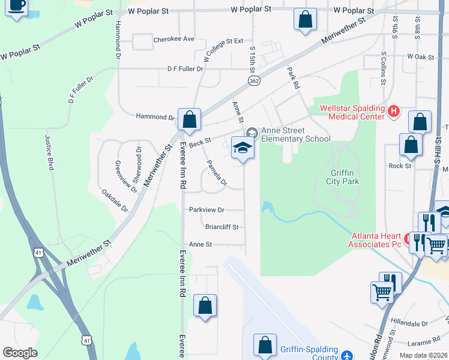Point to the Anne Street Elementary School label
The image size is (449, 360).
coord(295,135)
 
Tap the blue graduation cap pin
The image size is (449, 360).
coord(243,148)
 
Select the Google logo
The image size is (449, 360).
coord(20,352)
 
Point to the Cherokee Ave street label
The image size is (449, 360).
coord(174,39)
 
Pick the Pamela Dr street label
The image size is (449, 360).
coord(217,173)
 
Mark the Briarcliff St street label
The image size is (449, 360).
coord(222,227)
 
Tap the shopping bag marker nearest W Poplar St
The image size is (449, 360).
coord(305,19)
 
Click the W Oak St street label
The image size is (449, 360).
coord(420,56)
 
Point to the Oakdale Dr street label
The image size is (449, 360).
coord(115,200)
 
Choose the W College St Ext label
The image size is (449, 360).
coord(223,50)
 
